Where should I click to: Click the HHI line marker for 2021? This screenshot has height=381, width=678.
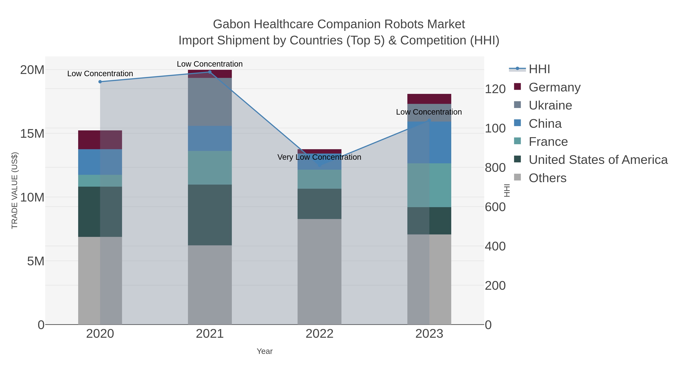pos(210,72)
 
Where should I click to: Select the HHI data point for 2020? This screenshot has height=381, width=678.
pos(100,82)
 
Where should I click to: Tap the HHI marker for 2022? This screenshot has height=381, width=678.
pos(320,165)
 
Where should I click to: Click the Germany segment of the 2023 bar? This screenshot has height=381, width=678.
pos(429,99)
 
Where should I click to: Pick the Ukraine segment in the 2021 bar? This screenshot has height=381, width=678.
pos(210,102)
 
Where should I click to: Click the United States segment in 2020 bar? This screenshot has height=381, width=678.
pos(100,212)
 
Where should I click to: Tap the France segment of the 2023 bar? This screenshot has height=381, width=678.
pos(429,185)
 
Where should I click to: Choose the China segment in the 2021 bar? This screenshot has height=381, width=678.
pos(210,138)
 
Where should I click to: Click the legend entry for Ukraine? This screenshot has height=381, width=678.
pos(550,105)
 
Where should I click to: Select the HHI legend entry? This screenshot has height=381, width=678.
pos(539,69)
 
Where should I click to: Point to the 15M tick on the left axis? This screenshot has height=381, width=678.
pos(32,134)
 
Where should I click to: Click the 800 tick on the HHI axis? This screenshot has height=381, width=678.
pos(495,168)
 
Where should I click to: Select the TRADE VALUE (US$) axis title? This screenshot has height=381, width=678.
pos(15,190)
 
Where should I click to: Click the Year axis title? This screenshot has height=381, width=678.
pos(265,351)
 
